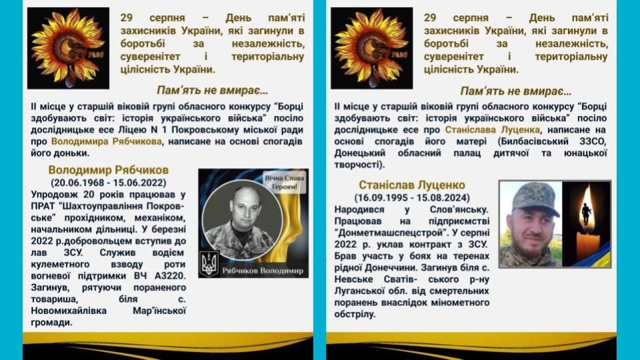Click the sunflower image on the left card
pyautogui.click(x=68, y=48)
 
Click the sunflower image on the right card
pyautogui.click(x=372, y=48)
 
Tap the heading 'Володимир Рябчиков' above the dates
pyautogui.click(x=108, y=170)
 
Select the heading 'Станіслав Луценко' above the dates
pyautogui.click(x=412, y=185)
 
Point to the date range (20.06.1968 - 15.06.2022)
pyautogui.click(x=108, y=183)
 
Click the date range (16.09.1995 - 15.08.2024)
pyautogui.click(x=412, y=197)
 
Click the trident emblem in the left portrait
pyautogui.click(x=209, y=264)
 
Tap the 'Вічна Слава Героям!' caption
pyautogui.click(x=284, y=183)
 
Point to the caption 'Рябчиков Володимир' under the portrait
pyautogui.click(x=263, y=271)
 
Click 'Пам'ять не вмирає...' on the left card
pyautogui.click(x=212, y=90)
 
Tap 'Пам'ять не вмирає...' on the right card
pyautogui.click(x=515, y=91)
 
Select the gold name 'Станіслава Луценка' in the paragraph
pyautogui.click(x=492, y=130)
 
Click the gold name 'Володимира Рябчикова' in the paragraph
pyautogui.click(x=107, y=141)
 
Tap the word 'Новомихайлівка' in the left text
pyautogui.click(x=69, y=311)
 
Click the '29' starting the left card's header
pyautogui.click(x=127, y=18)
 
